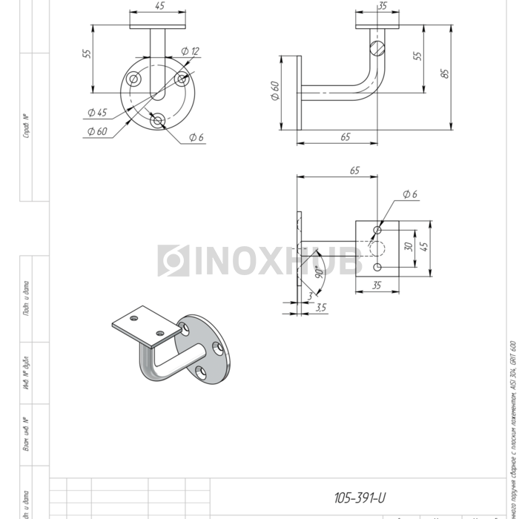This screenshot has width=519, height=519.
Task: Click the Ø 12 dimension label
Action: pyautogui.click(x=191, y=52)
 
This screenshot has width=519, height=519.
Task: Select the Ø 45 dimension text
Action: pyautogui.click(x=96, y=113)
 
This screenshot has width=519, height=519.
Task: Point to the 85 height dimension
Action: pyautogui.click(x=444, y=73)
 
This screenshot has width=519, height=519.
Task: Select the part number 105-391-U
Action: pyautogui.click(x=360, y=497)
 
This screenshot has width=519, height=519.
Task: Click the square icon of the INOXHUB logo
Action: pyautogui.click(x=173, y=260)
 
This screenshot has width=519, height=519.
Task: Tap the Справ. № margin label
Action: pyautogui.click(x=26, y=126)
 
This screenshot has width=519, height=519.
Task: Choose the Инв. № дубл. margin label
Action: pyautogui.click(x=26, y=373)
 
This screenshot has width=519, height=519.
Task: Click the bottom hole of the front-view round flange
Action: pyautogui.click(x=157, y=120)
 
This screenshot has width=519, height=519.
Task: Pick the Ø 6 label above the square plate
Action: pyautogui.click(x=410, y=194)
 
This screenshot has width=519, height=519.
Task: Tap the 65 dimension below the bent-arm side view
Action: pyautogui.click(x=346, y=137)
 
